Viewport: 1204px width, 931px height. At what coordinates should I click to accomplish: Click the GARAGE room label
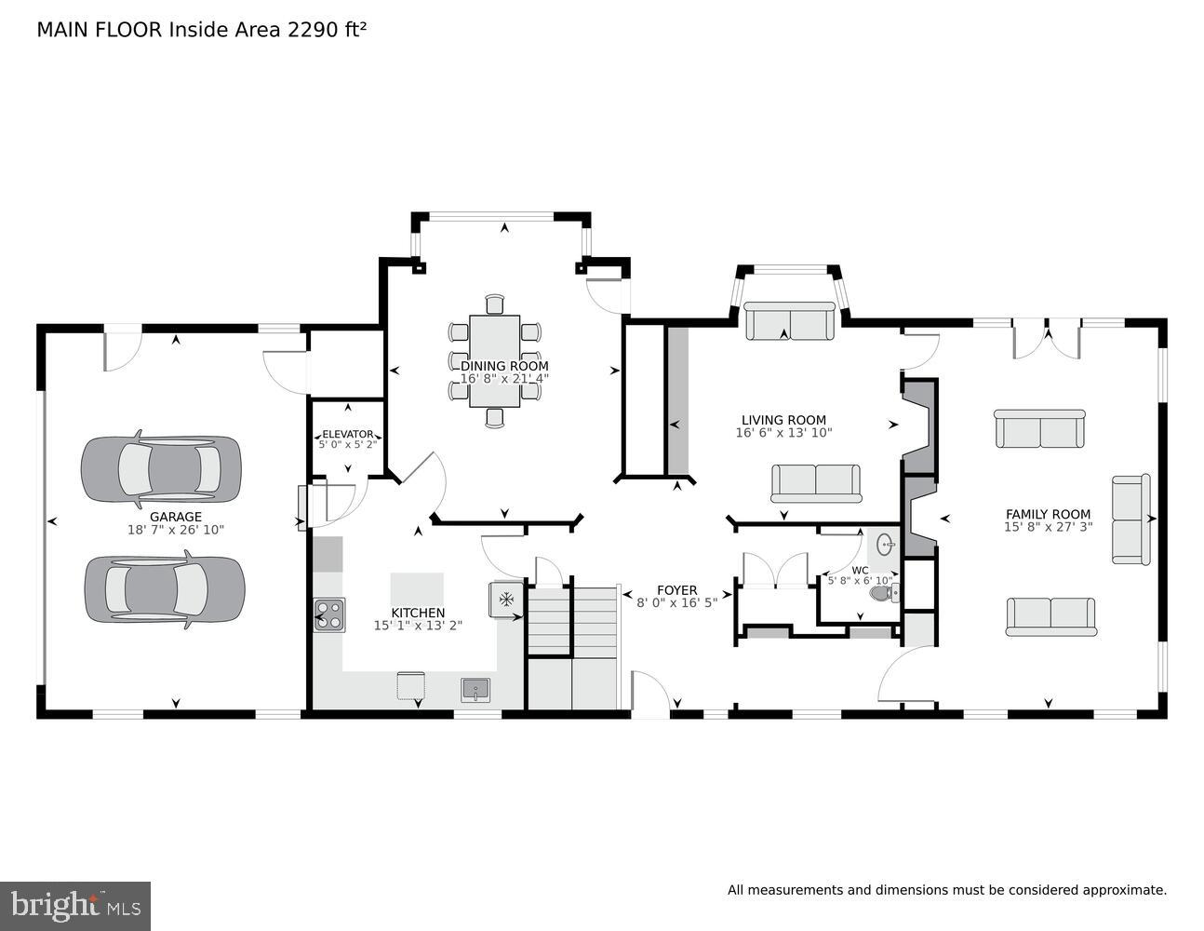(x=176, y=517)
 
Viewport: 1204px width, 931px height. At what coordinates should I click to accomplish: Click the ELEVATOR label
(x=347, y=434)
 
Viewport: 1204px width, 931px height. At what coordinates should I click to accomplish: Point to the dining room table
(x=494, y=360)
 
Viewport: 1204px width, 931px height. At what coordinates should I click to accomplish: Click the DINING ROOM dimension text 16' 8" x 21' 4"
(x=504, y=378)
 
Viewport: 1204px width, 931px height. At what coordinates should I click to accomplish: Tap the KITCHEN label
(x=418, y=613)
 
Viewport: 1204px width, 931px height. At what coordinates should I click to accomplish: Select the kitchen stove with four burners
(x=329, y=615)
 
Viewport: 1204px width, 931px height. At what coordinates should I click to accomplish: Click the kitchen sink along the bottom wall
(x=475, y=690)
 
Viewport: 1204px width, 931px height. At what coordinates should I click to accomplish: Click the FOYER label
(x=676, y=590)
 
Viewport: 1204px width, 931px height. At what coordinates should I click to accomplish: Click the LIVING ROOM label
(x=783, y=420)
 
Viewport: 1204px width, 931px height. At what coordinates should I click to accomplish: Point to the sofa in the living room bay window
(x=790, y=322)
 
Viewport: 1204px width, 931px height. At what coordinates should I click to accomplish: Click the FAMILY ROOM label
(x=1048, y=514)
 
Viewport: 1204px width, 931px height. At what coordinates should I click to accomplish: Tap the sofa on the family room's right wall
(x=1130, y=519)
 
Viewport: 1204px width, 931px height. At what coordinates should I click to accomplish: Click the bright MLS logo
(x=75, y=905)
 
